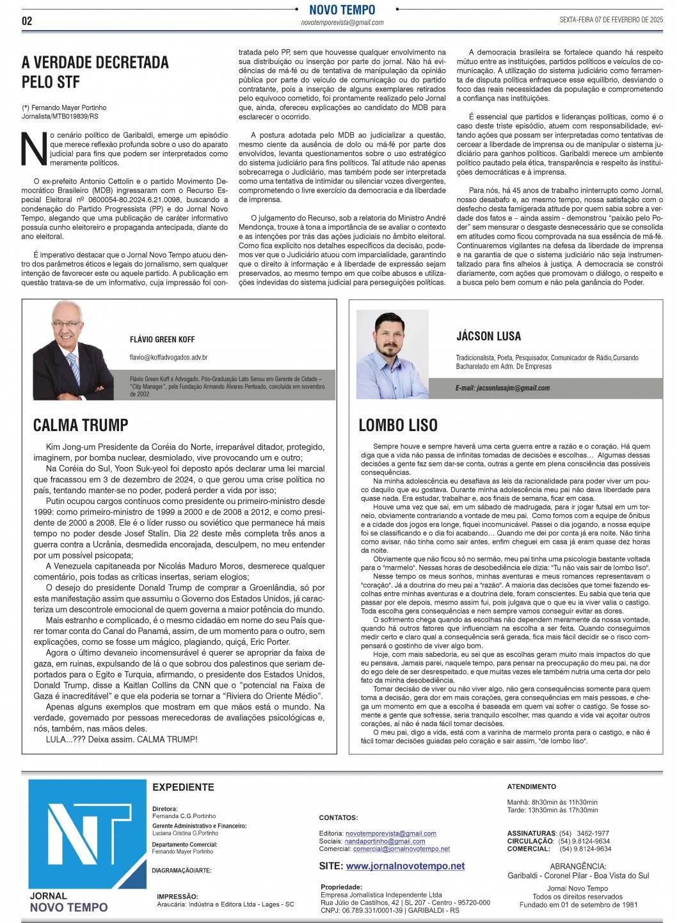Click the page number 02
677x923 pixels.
point(27,20)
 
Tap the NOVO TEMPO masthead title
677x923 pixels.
point(342,10)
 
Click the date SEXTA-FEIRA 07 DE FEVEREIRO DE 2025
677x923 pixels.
point(611,20)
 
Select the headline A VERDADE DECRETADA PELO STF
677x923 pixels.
point(95,72)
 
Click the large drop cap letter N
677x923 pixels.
point(34,149)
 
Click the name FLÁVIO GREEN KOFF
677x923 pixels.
point(162,340)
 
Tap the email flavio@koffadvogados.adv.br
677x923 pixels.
point(168,358)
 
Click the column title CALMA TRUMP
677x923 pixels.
point(81,425)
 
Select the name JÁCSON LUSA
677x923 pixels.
point(488,336)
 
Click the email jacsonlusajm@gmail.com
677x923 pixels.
point(502,388)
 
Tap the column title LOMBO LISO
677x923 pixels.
point(398,425)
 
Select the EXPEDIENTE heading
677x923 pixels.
point(183,787)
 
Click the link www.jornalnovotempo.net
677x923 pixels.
point(405,866)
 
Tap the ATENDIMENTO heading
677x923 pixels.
point(531,787)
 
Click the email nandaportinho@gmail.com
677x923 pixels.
point(385,841)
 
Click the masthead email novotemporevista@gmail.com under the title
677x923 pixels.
point(342,22)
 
